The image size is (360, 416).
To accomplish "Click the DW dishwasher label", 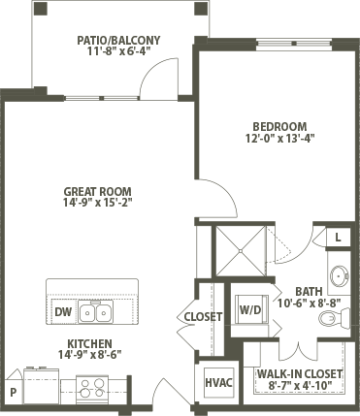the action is [x=63, y=312].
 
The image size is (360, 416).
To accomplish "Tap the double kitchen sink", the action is [x=96, y=312].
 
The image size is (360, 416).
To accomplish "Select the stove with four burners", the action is [x=92, y=389].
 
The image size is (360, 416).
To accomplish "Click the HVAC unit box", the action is [x=219, y=383].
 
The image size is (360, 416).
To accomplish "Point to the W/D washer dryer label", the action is [x=250, y=310].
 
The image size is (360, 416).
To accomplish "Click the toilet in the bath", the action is [x=334, y=318].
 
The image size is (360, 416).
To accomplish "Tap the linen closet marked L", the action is [x=338, y=238].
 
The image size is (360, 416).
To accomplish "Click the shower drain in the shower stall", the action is [x=241, y=251].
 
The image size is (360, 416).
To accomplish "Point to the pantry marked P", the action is [x=13, y=393].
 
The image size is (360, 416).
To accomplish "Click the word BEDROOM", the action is [x=279, y=126].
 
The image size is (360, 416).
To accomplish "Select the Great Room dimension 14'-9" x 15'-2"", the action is [x=98, y=203].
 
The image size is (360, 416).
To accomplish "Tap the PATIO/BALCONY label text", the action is [x=118, y=41].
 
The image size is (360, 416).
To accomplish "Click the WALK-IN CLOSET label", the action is [x=300, y=374].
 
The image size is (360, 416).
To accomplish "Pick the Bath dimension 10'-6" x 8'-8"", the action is [x=310, y=304].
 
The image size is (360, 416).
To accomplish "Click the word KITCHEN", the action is [x=89, y=343].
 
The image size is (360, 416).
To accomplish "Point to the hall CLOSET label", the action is [x=203, y=317].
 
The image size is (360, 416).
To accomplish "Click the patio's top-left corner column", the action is [x=41, y=9].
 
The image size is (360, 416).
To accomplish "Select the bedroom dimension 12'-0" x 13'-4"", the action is [x=280, y=139].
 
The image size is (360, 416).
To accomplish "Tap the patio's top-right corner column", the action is [x=200, y=9].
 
